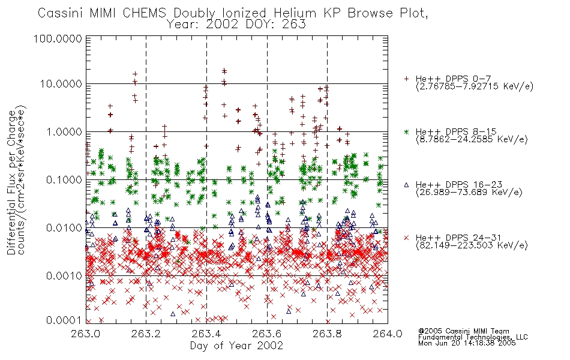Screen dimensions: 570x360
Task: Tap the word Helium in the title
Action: click(x=295, y=13)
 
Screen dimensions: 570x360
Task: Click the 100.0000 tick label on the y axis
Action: click(x=58, y=38)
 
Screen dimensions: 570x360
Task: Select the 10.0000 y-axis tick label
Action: click(x=61, y=84)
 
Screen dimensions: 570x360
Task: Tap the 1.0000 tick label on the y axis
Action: click(x=64, y=131)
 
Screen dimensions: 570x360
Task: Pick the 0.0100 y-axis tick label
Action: click(x=64, y=227)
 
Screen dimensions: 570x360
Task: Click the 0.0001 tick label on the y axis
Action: click(x=64, y=320)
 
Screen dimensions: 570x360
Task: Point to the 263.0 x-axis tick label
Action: click(x=86, y=334)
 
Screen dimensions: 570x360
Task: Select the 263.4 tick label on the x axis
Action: click(x=206, y=334)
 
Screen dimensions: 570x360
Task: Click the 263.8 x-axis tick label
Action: click(x=327, y=334)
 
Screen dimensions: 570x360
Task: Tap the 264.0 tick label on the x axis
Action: click(x=388, y=334)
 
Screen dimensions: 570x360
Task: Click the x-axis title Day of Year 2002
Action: click(x=236, y=346)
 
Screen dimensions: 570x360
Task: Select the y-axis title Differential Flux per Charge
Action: click(x=11, y=182)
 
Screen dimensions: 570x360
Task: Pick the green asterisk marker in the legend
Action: click(x=406, y=131)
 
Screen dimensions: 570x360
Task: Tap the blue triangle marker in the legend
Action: click(x=406, y=185)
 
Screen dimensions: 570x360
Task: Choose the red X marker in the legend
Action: click(x=406, y=238)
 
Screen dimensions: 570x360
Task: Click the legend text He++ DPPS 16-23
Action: click(x=459, y=185)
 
